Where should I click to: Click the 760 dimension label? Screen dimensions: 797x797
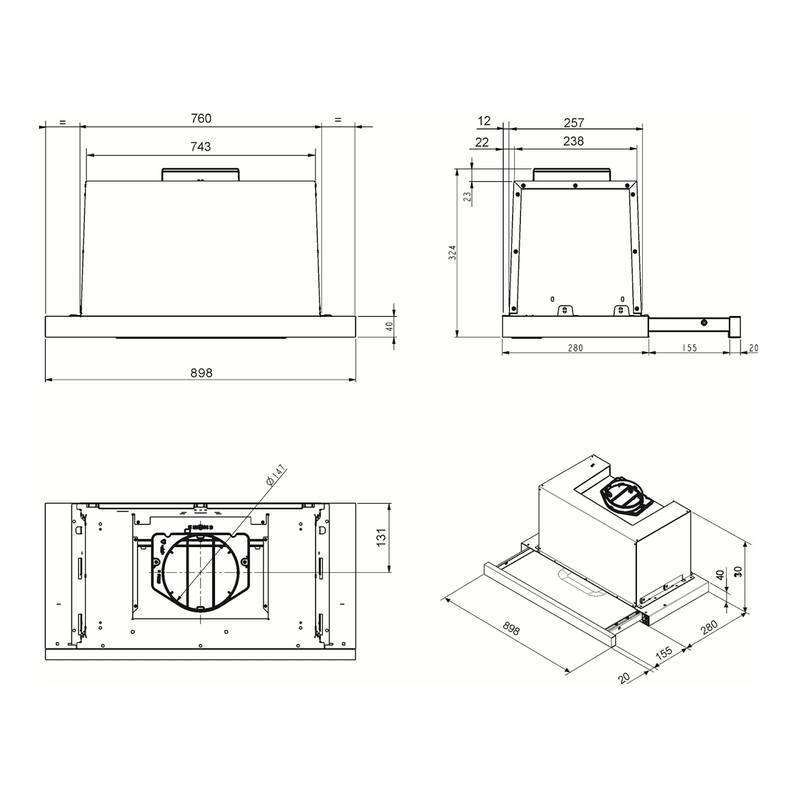(201, 118)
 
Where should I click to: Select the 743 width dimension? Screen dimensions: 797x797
(200, 147)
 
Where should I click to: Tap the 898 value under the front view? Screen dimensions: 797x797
(201, 373)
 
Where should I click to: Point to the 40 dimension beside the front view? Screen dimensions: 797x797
(389, 326)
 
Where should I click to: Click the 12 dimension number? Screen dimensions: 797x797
(484, 121)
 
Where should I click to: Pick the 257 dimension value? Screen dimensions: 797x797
(574, 123)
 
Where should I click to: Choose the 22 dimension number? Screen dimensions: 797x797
(482, 142)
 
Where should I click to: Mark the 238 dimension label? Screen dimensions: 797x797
(574, 141)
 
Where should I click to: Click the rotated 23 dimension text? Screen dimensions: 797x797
(467, 197)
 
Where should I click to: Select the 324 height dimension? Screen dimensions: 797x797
(452, 252)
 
